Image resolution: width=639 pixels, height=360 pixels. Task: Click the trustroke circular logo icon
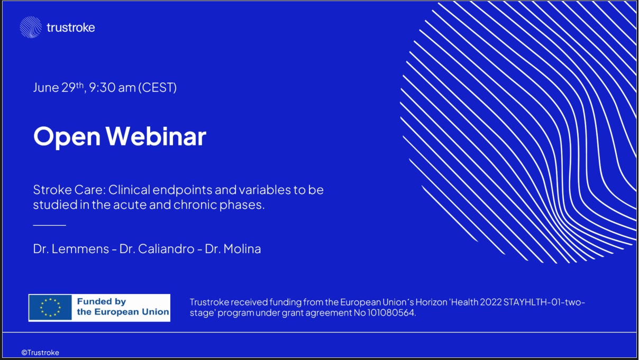(31, 27)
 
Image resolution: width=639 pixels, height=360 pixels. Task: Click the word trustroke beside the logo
(71, 27)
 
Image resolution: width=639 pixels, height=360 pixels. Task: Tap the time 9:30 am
(112, 87)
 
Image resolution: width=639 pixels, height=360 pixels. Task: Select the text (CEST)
(157, 88)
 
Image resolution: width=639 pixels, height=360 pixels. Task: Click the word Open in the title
(67, 137)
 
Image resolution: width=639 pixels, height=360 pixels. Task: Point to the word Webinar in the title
(156, 136)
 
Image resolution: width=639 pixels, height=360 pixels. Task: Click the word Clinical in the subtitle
(129, 190)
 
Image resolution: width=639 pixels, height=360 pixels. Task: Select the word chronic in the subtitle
(195, 205)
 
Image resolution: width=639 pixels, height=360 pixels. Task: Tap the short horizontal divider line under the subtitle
(50, 225)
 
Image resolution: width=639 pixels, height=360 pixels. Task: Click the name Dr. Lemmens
(71, 249)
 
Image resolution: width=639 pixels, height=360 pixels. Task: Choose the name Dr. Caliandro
(157, 249)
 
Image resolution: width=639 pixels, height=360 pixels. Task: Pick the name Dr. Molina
(233, 249)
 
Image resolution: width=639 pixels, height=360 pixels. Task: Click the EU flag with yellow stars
(50, 308)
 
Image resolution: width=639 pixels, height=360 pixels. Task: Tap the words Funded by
(101, 301)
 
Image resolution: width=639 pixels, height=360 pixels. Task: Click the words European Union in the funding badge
(132, 312)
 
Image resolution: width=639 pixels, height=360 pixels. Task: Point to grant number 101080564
(390, 312)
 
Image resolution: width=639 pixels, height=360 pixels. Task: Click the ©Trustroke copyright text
(40, 353)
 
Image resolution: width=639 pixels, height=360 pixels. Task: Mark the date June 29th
(59, 87)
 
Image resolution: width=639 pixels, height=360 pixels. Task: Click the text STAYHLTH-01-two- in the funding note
(544, 302)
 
